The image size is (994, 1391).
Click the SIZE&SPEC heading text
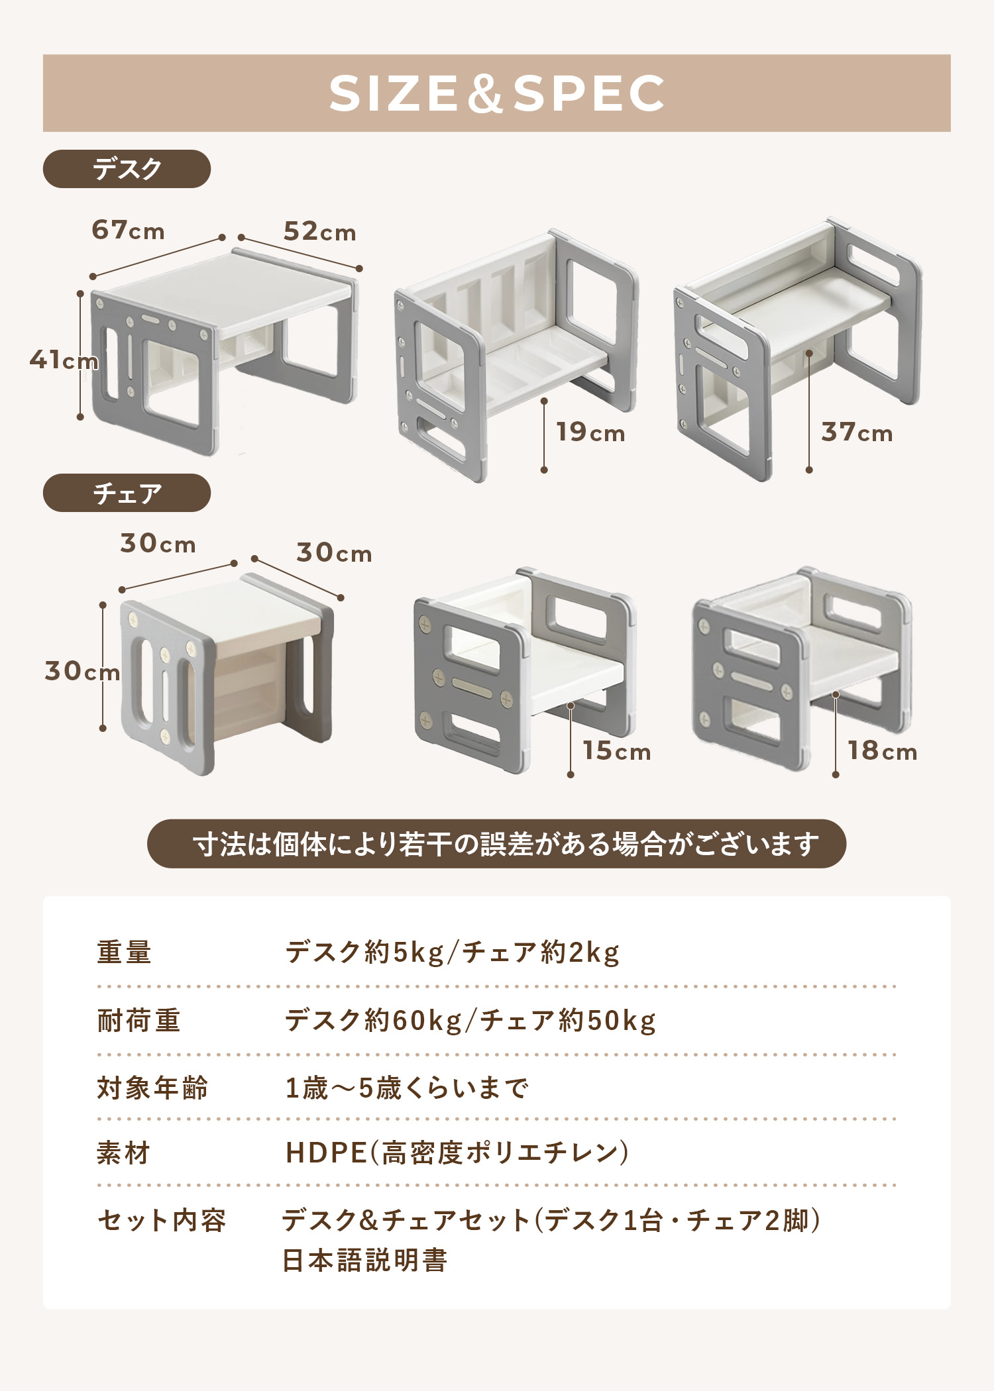[x=496, y=93]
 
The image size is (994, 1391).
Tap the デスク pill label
[x=127, y=169]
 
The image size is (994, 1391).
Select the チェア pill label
[x=127, y=493]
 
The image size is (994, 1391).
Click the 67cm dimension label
[x=128, y=231]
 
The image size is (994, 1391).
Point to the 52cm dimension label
[x=319, y=232]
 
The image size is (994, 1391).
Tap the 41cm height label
[x=63, y=360]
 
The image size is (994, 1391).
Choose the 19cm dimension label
[x=590, y=433]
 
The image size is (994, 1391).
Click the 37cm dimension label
[x=856, y=433]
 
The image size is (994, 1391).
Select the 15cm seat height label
[x=616, y=751]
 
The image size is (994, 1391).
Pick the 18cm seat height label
[x=882, y=751]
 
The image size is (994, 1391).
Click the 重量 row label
[x=124, y=953]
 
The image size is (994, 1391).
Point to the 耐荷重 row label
[x=138, y=1021]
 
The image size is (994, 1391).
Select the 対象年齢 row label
[x=152, y=1088]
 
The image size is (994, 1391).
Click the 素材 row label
[x=124, y=1153]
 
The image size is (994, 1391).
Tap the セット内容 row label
[x=162, y=1220]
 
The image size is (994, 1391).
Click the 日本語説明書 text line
[x=364, y=1261]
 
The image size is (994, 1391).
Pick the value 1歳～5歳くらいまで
[x=406, y=1088]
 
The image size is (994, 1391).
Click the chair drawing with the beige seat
[x=225, y=676]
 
